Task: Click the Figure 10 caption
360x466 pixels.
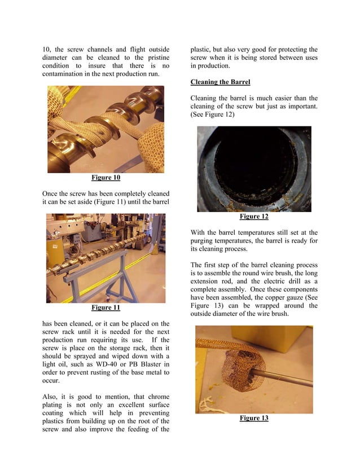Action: coord(106,178)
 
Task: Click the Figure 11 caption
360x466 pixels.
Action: coord(106,308)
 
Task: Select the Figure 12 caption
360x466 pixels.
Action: coord(253,217)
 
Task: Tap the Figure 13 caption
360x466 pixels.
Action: coord(253,418)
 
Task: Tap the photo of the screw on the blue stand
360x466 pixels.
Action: coord(106,258)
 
